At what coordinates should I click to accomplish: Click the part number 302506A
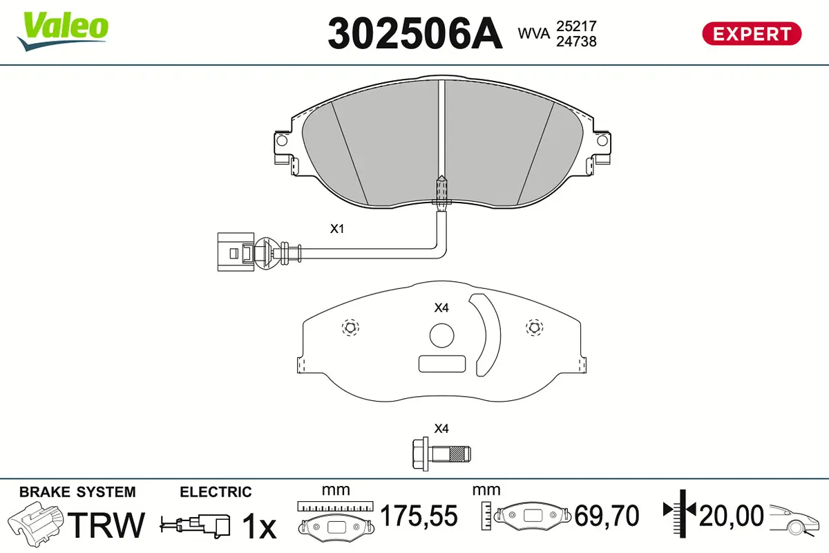pyautogui.click(x=414, y=33)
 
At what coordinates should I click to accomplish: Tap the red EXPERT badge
pyautogui.click(x=752, y=33)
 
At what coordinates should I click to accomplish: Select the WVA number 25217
pyautogui.click(x=577, y=26)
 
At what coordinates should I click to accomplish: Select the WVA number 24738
pyautogui.click(x=577, y=41)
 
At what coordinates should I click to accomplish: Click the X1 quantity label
pyautogui.click(x=336, y=229)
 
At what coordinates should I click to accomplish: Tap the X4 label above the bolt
pyautogui.click(x=441, y=429)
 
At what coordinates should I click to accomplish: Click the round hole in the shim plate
pyautogui.click(x=441, y=336)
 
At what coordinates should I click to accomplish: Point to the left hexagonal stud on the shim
pyautogui.click(x=350, y=328)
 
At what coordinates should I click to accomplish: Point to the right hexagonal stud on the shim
pyautogui.click(x=533, y=328)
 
